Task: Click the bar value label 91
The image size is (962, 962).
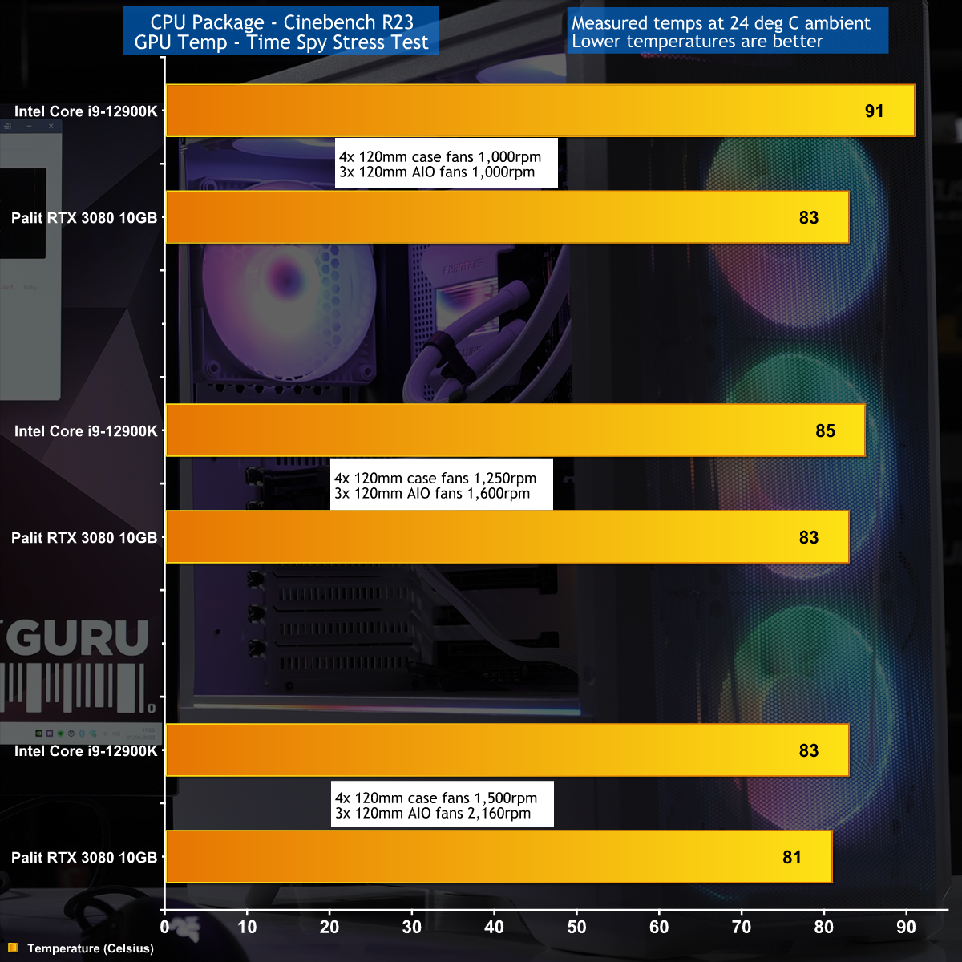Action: click(x=874, y=111)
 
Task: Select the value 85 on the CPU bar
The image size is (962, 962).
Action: click(x=825, y=430)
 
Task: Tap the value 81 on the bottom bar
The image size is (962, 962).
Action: click(x=792, y=857)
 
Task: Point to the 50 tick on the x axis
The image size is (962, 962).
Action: click(x=576, y=927)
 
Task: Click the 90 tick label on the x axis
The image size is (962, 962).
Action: click(x=906, y=927)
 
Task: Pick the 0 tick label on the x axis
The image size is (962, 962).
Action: click(x=165, y=927)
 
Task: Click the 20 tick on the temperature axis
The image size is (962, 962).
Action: click(x=329, y=927)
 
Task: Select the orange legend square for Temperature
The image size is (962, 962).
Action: click(x=13, y=948)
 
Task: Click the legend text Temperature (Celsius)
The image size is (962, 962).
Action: click(x=90, y=948)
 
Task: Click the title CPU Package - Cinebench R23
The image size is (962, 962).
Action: click(x=281, y=22)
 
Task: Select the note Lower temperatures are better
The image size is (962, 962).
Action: click(x=697, y=42)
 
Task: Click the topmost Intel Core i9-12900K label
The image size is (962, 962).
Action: click(x=86, y=111)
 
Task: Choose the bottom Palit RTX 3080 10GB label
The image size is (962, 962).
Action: click(x=84, y=857)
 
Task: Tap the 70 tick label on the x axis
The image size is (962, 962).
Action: click(x=742, y=927)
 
